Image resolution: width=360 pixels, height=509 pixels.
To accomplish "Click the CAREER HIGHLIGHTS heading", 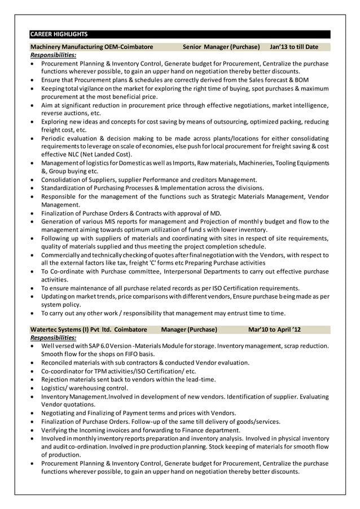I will point(59,34).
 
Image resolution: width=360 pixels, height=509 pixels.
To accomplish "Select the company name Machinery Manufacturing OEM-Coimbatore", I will point(91,46).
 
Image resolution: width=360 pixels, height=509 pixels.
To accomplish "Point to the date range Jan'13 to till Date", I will point(294,46).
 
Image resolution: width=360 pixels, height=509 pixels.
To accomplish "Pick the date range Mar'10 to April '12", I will point(274,329).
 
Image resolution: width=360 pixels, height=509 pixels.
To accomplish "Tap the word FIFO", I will point(137,354).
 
